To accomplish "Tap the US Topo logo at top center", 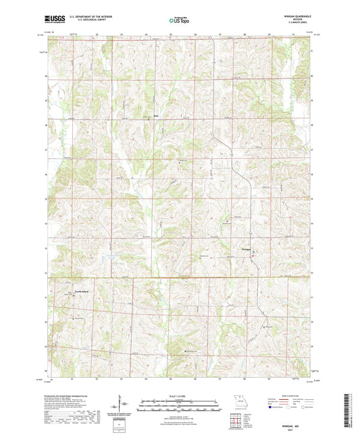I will coord(180,20).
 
